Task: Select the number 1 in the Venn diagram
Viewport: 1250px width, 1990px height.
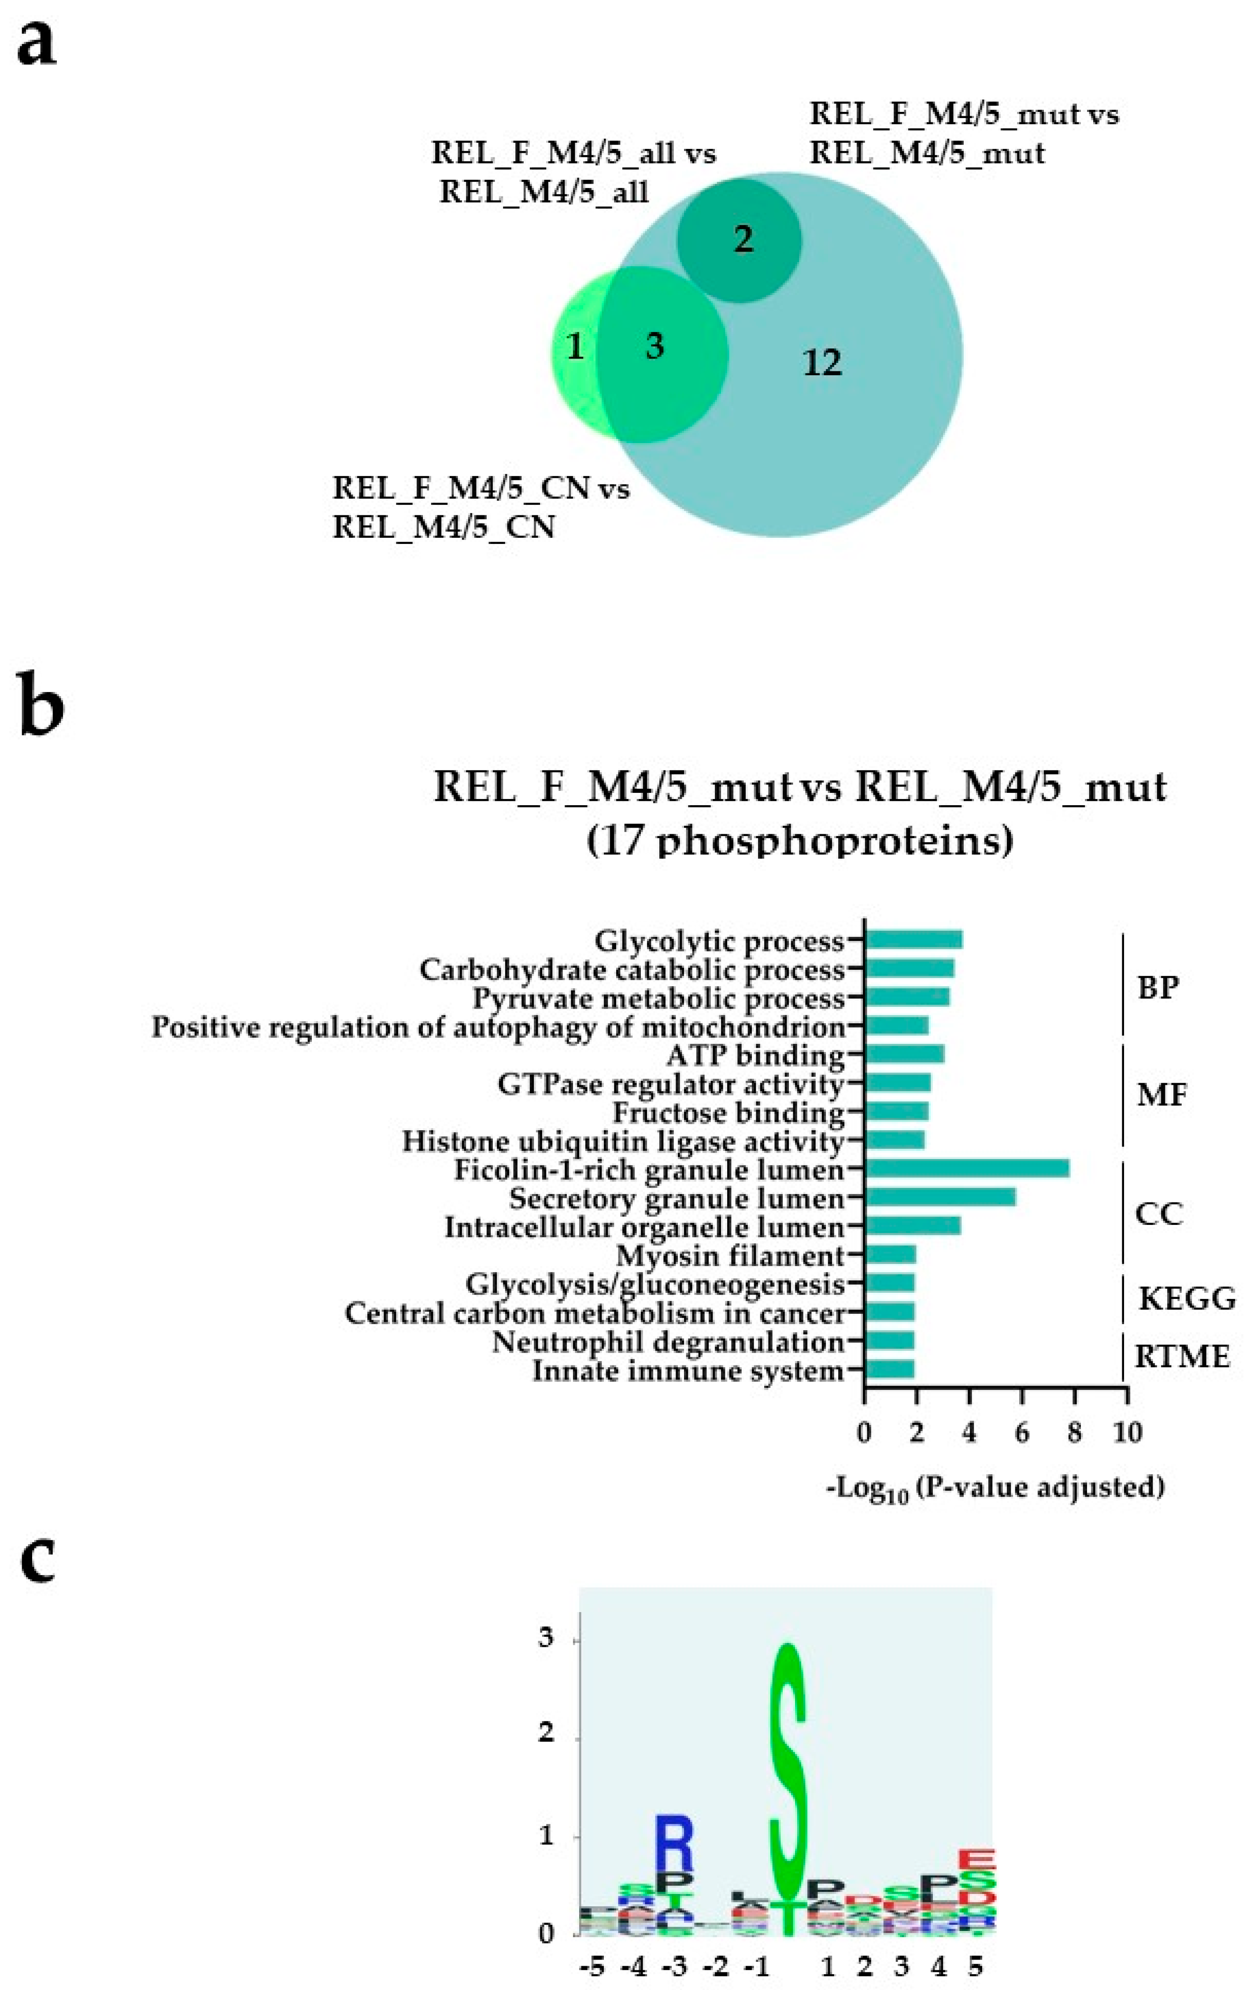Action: click(576, 346)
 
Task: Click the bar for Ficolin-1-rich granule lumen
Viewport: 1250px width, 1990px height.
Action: click(967, 1169)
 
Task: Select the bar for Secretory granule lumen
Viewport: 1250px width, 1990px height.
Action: click(940, 1198)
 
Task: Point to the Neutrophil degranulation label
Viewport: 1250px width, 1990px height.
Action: click(668, 1341)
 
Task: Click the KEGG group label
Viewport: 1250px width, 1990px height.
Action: click(1187, 1298)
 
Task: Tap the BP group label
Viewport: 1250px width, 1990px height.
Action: click(1158, 987)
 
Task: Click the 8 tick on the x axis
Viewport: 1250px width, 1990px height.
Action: click(1074, 1432)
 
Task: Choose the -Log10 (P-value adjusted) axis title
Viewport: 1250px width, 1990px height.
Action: click(995, 1487)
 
